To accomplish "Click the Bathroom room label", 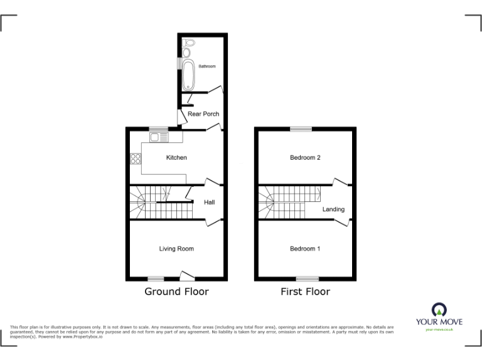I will (x=207, y=66).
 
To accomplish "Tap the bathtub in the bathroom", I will (x=188, y=73).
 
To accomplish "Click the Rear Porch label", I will (x=203, y=114).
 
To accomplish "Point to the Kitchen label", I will (x=176, y=158).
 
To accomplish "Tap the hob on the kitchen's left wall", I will (x=134, y=159).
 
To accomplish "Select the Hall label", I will (x=209, y=202).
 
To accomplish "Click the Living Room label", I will (x=176, y=249).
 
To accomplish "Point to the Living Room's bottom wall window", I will (x=156, y=278).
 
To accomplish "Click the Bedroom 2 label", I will (x=305, y=158).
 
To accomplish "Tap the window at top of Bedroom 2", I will (x=301, y=129).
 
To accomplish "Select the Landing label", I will (x=333, y=209).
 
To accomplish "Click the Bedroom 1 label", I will (x=305, y=249).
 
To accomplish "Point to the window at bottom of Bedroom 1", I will (x=308, y=278).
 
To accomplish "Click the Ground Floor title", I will (x=176, y=291).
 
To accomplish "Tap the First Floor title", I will (x=305, y=291).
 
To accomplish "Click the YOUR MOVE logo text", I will (x=439, y=322).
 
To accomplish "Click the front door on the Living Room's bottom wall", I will (x=186, y=276).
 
